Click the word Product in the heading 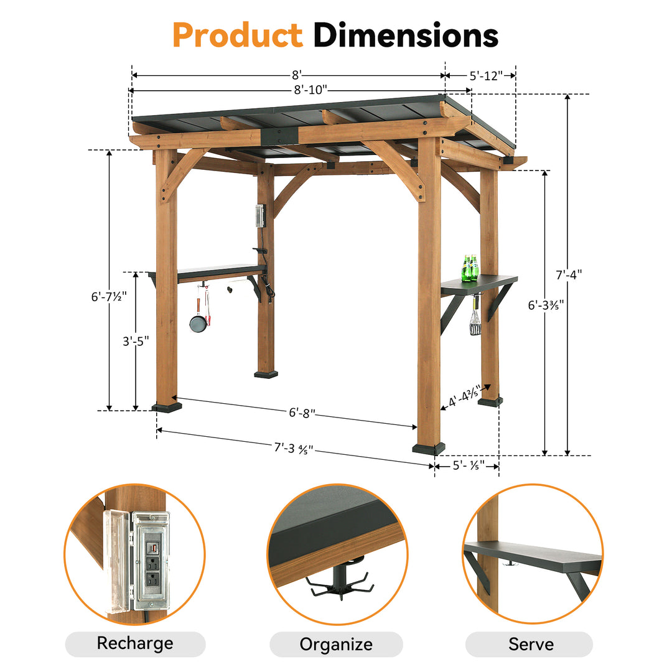[237, 35]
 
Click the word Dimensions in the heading [406, 35]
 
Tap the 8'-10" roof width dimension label [310, 90]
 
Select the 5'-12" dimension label [485, 76]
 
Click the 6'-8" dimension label [302, 413]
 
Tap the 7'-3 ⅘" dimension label [292, 447]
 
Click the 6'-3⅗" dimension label [546, 306]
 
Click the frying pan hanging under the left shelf [198, 323]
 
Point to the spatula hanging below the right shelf [475, 321]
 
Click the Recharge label [135, 643]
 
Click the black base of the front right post [429, 448]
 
